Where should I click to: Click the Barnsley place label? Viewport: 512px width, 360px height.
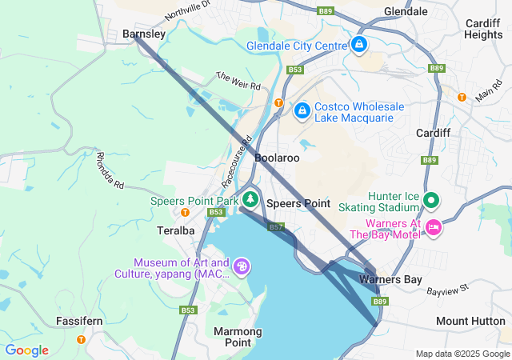coord(144,34)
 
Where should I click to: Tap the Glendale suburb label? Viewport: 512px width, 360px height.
coord(406,12)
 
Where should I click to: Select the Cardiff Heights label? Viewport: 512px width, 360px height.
coord(483,29)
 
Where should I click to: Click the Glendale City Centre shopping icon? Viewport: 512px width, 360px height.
coord(359,45)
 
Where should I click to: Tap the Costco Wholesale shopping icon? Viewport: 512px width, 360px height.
coord(302,110)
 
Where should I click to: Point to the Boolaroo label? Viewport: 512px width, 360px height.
coord(277,158)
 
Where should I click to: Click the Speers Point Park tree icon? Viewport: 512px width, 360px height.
coord(250,198)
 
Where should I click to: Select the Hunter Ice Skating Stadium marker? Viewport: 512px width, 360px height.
coord(431,200)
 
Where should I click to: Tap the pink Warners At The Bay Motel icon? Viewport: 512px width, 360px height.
coord(433,229)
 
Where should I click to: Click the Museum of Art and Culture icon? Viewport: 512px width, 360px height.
coord(242,266)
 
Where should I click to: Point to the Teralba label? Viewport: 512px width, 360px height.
coord(175,230)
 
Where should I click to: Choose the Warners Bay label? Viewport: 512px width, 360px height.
coord(386,280)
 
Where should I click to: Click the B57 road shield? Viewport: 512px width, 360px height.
coord(277,228)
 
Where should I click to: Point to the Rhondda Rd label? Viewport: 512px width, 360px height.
coord(110,170)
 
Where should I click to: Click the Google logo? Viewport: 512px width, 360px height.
coord(26,350)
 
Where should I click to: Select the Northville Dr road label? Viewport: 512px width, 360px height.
coord(187,10)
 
